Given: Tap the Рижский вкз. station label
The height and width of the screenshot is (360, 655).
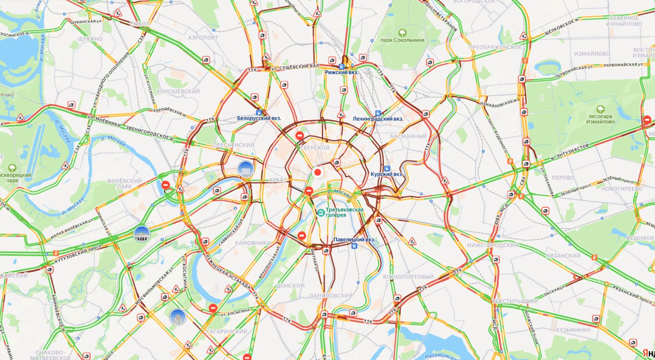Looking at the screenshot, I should click(x=341, y=73).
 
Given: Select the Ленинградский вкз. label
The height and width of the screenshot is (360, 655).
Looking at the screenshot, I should click(x=378, y=118).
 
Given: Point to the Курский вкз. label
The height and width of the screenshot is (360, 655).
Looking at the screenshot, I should click(x=386, y=174).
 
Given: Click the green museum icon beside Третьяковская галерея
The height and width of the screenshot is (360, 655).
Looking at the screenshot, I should click(x=321, y=212).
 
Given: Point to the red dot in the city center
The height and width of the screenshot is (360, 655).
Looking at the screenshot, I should click(x=317, y=173).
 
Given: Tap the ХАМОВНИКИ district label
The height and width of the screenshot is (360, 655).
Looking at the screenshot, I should click(x=253, y=243).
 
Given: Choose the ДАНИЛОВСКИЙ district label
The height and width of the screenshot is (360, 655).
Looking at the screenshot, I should click(x=331, y=295).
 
